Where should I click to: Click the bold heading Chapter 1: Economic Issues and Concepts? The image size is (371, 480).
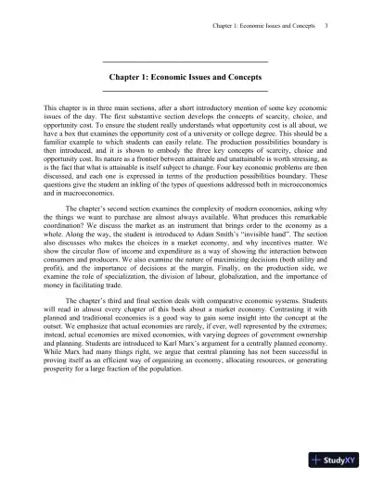(185, 77)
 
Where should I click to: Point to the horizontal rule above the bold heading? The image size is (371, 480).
(185, 61)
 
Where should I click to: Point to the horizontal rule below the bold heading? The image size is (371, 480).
(185, 93)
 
